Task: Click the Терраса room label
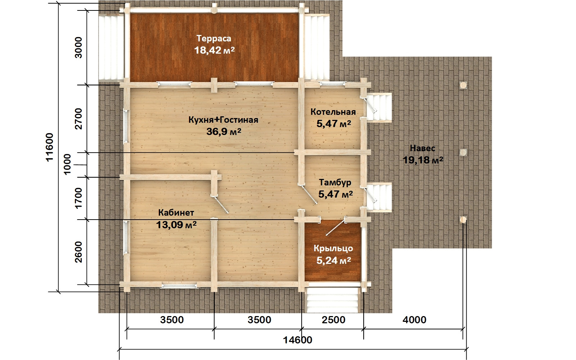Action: coord(214,39)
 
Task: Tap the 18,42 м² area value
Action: coord(214,50)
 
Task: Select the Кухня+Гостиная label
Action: coord(223,120)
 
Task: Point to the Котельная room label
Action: coord(333,112)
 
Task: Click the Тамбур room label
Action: coord(335,183)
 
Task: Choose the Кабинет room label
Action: coord(176,213)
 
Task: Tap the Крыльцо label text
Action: coord(333,248)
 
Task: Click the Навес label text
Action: coord(423,148)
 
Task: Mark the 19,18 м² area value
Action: coord(423,160)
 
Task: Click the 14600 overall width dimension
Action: coord(297,340)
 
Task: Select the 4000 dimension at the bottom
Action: coord(414,320)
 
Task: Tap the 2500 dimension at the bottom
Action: coord(333,320)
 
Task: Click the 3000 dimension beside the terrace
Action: coord(78,48)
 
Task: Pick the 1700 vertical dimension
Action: coord(78,198)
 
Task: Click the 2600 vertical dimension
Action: coord(78,252)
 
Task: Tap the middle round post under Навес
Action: coord(463,153)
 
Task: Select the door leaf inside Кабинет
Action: coord(221,205)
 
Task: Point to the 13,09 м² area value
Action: coord(176,225)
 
